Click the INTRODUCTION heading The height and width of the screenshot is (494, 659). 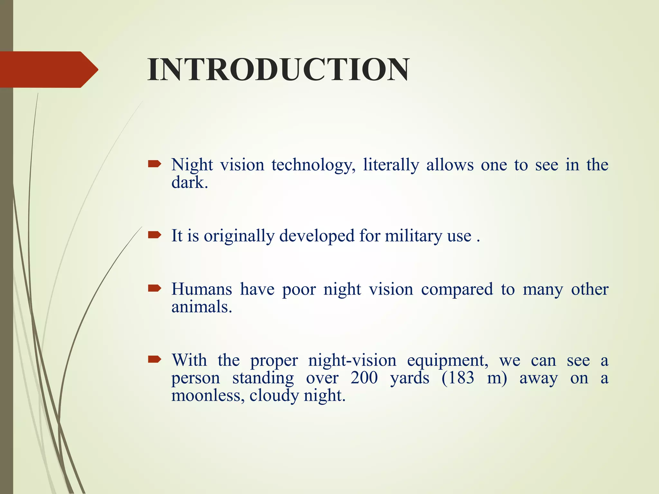click(x=278, y=70)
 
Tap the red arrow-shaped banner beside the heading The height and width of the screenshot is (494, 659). click(x=48, y=69)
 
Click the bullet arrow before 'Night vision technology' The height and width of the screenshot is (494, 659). click(x=154, y=165)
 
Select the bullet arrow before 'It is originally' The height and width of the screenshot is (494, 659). click(x=154, y=235)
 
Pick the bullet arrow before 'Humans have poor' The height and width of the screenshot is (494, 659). click(x=154, y=288)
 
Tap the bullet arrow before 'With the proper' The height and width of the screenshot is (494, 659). click(x=154, y=359)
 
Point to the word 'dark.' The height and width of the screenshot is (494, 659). click(x=190, y=182)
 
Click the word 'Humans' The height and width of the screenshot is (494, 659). click(x=201, y=289)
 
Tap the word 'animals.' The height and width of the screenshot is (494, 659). click(x=201, y=306)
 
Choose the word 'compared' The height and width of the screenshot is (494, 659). click(x=457, y=289)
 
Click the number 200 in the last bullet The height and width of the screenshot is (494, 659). click(x=364, y=378)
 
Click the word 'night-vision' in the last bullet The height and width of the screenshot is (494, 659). click(x=352, y=360)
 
